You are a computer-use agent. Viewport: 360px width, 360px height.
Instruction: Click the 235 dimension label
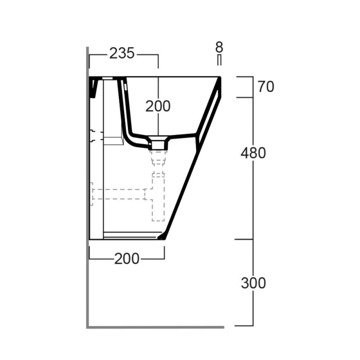click(121, 53)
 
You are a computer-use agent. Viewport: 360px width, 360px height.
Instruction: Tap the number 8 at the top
click(219, 47)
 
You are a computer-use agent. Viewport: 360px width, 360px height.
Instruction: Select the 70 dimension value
click(266, 87)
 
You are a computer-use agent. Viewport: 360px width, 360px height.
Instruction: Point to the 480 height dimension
click(253, 153)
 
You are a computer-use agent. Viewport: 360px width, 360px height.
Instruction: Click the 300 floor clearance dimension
click(253, 283)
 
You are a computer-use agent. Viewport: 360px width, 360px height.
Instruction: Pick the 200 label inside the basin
click(158, 106)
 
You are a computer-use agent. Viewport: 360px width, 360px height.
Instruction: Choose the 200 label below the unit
click(127, 259)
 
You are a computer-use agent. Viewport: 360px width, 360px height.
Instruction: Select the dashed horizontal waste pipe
click(119, 194)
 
